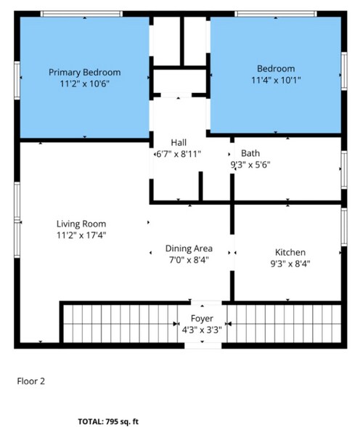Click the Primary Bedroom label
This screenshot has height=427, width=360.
[x=85, y=73]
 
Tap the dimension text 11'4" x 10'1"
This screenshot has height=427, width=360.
[x=276, y=81]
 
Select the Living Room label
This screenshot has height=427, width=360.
[x=81, y=224]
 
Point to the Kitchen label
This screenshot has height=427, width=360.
[x=290, y=252]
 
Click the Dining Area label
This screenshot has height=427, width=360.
[x=189, y=248]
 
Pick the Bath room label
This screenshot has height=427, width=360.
[x=250, y=153]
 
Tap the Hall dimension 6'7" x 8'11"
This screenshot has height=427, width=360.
[x=179, y=155]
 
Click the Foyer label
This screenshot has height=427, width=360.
[x=202, y=319]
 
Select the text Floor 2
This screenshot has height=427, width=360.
[x=30, y=381]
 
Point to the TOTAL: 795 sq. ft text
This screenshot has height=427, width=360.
[x=108, y=421]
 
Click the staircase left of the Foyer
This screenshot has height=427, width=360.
[x=120, y=324]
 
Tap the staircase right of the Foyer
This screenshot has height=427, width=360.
[x=284, y=324]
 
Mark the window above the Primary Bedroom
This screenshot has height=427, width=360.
[x=81, y=14]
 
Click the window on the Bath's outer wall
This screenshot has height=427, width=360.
[x=344, y=170]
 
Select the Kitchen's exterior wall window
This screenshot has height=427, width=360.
[x=344, y=227]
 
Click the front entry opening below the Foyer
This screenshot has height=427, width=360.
[x=203, y=346]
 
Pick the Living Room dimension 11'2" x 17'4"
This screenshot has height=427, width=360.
[x=81, y=235]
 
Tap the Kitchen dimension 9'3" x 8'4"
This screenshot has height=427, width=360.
[x=290, y=264]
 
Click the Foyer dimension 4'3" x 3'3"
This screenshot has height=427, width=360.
[x=202, y=330]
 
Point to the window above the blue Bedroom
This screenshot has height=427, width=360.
[x=276, y=14]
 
